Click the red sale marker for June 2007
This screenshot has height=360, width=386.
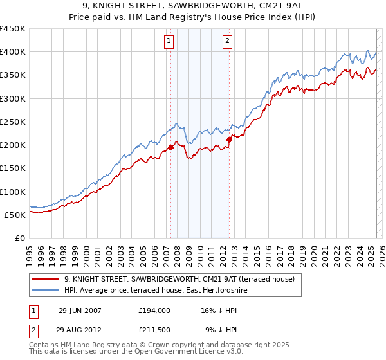tap(171, 148)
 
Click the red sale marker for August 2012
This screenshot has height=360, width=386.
tap(229, 139)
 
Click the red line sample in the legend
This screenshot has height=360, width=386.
tap(45, 279)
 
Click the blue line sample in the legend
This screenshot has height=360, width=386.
tap(45, 291)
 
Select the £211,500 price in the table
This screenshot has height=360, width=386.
tap(154, 330)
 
